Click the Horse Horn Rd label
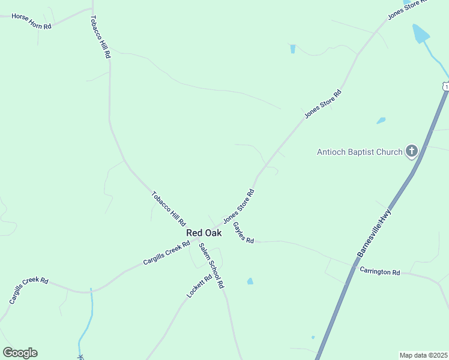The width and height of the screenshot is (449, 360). (31, 22)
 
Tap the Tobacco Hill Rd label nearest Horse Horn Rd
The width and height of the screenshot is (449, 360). (100, 37)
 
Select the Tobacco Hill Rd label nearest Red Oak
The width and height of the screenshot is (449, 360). (168, 209)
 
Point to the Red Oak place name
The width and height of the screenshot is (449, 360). (203, 233)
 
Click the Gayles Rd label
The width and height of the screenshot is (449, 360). (243, 233)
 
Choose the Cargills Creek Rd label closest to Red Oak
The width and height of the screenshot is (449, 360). (166, 253)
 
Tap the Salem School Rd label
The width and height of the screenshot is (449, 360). (211, 266)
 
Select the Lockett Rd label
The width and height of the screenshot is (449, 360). (200, 286)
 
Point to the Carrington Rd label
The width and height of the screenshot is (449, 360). (380, 272)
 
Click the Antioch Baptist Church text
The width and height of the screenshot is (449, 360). (360, 152)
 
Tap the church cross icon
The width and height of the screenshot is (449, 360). (411, 151)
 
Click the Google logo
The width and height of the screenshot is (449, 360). (20, 353)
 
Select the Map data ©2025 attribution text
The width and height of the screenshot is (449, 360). (424, 355)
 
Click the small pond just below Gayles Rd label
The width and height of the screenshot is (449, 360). (250, 281)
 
